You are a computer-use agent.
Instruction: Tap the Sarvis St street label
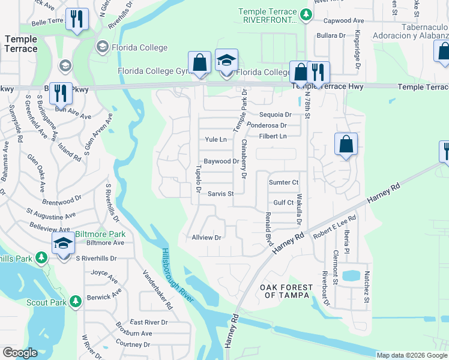(220, 194)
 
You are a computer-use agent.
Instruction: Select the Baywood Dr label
(221, 161)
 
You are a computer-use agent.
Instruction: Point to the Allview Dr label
(206, 238)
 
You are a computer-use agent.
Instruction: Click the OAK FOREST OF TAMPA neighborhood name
(285, 292)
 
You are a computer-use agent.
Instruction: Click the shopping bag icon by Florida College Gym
(199, 62)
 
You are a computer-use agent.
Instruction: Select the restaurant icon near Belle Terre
(77, 19)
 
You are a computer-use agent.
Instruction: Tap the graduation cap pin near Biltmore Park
(62, 244)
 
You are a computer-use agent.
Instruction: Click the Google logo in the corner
(20, 353)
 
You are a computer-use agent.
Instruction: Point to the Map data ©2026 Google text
(411, 355)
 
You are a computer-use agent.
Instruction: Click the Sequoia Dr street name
(275, 115)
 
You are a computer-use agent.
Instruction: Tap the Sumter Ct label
(283, 182)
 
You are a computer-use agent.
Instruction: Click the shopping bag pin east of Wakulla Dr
(346, 145)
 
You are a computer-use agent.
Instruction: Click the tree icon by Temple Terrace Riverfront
(306, 14)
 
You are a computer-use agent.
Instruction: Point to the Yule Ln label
(215, 140)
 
